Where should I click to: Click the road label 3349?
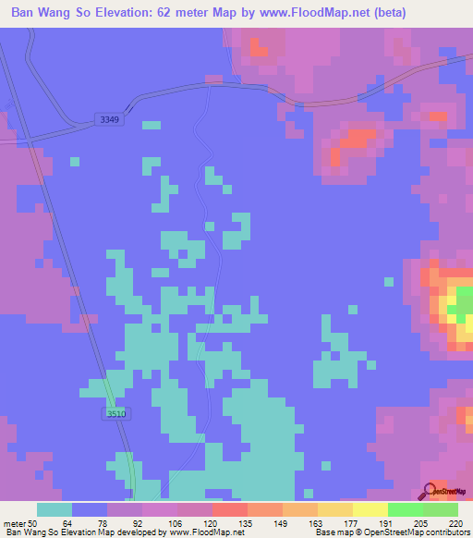click(x=108, y=119)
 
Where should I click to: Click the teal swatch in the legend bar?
click(x=55, y=509)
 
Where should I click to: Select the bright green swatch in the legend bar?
click(x=406, y=509)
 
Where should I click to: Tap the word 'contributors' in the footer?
click(x=444, y=532)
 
